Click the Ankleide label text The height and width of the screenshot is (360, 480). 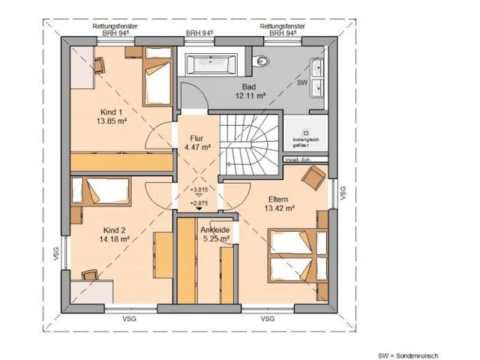pos(216,230)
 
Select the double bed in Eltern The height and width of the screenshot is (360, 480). pos(298,255)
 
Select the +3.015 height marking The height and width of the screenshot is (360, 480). pos(199,190)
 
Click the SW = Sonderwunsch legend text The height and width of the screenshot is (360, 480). pos(407,355)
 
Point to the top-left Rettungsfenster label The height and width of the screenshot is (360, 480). pos(115,26)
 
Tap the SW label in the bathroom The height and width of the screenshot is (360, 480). pos(302,81)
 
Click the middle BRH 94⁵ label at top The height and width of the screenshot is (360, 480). pos(199,34)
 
